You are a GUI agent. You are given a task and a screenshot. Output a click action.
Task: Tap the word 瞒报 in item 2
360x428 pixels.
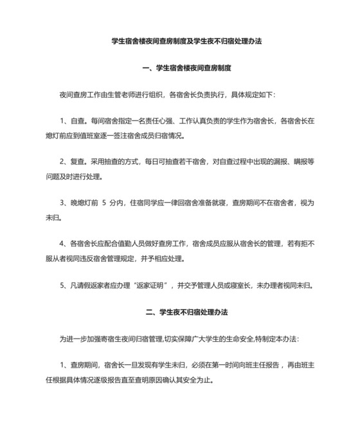(305, 163)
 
